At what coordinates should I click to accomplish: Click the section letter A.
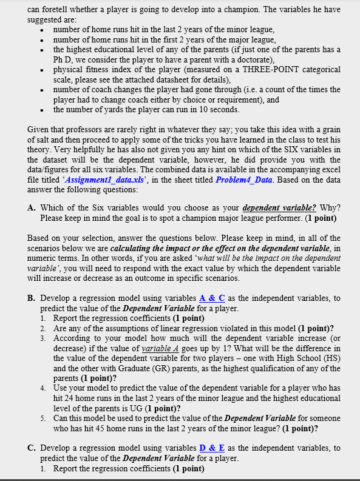point(32,207)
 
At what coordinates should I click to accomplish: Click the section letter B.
point(32,298)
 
